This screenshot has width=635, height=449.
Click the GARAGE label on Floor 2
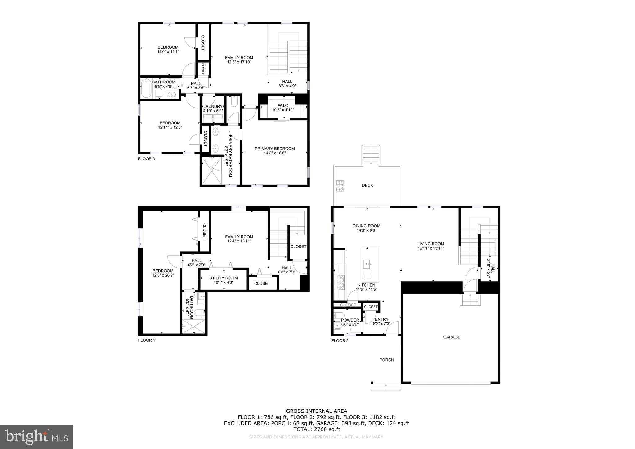pos(451,337)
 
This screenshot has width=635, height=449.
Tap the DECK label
pos(367,185)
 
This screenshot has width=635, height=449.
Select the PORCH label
pos(387,360)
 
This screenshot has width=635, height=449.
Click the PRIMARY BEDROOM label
pos(275,149)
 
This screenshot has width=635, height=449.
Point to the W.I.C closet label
pos(283,105)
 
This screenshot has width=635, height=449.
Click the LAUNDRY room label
pos(213,106)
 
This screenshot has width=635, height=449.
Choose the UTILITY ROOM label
pos(223,278)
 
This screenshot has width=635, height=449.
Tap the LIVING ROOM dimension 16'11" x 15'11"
pos(431,248)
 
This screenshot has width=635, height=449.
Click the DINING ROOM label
pos(366,226)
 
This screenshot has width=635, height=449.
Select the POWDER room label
pos(350,320)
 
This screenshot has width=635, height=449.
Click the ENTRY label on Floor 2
pos(381,319)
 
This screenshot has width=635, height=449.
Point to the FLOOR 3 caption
pos(146,159)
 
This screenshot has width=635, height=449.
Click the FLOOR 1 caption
pos(146,340)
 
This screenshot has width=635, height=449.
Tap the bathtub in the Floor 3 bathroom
pos(146,88)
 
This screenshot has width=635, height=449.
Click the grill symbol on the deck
pos(340,186)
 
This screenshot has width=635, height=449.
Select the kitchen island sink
pos(367,265)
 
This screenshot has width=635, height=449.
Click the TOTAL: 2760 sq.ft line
pos(317,429)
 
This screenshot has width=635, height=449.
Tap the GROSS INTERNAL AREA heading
pos(317,411)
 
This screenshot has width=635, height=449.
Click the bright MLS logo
pos(37,437)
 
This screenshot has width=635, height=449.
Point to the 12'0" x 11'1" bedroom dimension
pos(168,52)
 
